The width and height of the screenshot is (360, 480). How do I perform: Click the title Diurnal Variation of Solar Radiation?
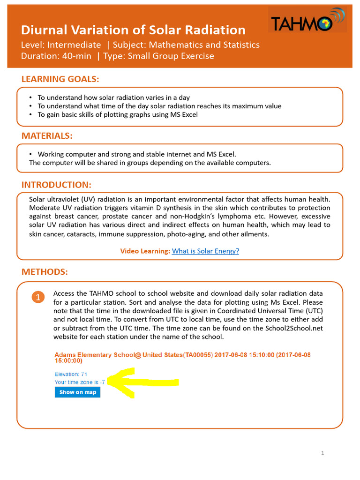[x=133, y=30]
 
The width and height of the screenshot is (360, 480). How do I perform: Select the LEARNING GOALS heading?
[x=60, y=79]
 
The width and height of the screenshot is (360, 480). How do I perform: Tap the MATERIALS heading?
[x=47, y=136]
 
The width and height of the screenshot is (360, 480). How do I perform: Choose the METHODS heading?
[x=45, y=272]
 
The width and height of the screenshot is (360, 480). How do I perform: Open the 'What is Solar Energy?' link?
[x=205, y=251]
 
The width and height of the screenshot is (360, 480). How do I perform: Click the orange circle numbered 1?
[x=39, y=297]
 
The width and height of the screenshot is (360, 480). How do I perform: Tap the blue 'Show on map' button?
[x=77, y=392]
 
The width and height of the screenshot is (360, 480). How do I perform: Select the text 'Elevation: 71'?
[x=71, y=374]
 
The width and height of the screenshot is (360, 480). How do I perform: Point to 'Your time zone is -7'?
[x=79, y=382]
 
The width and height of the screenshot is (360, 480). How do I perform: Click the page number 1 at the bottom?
[x=323, y=453]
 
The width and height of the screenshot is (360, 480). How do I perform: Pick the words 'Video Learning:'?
[x=145, y=251]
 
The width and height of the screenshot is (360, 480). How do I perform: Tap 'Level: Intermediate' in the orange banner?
[x=61, y=45]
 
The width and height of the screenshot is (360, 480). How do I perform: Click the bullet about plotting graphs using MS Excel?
[x=118, y=114]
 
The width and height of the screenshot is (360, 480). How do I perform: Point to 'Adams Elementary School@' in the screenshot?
[x=94, y=355]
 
